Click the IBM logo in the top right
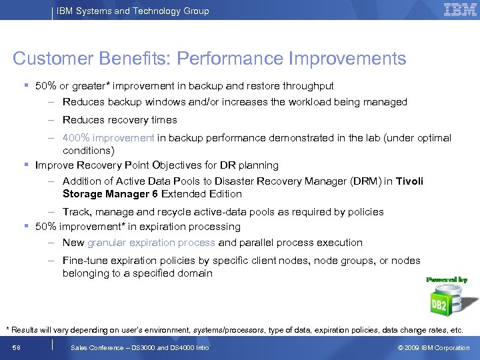(x=460, y=10)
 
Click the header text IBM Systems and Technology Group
(x=133, y=11)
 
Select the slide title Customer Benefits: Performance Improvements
(x=209, y=59)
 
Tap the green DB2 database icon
(x=443, y=301)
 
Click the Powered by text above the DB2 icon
(x=447, y=280)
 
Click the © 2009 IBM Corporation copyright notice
(x=433, y=348)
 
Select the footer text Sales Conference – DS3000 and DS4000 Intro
(x=140, y=348)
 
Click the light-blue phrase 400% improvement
(x=108, y=138)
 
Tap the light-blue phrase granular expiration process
(x=151, y=243)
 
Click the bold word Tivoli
(x=409, y=181)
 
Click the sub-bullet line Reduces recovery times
(x=120, y=120)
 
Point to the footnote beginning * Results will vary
(x=234, y=330)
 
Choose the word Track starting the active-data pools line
(x=76, y=212)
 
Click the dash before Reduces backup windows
(x=51, y=102)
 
